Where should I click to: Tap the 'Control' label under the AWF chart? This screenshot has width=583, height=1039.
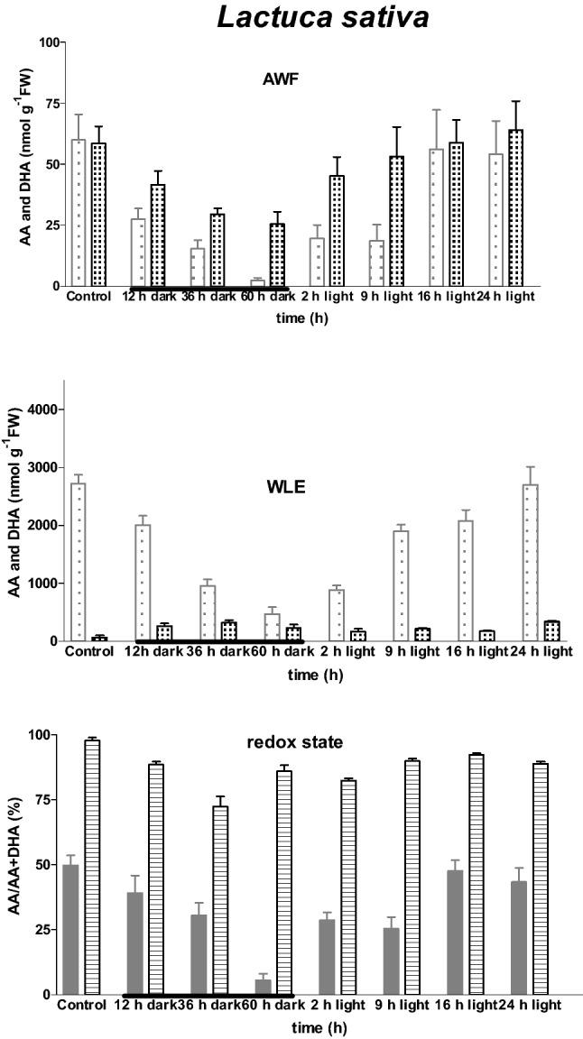88,297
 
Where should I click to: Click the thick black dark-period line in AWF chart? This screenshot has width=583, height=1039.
208,289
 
